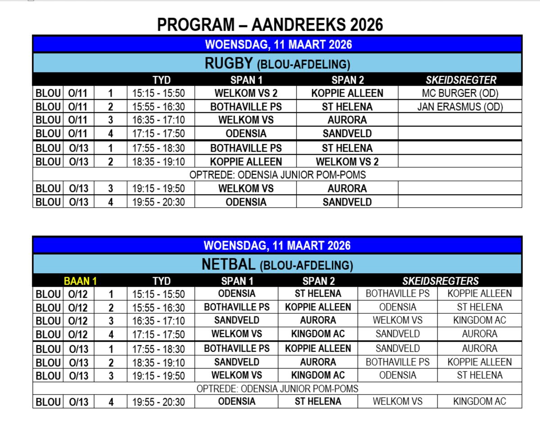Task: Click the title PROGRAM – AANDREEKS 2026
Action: point(270,25)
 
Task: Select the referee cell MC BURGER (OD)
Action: point(459,93)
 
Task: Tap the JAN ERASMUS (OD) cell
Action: point(459,107)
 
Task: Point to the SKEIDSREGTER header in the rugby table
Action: point(461,80)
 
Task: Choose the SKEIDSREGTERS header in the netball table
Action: point(440,281)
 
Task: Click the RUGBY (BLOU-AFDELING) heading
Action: point(277,64)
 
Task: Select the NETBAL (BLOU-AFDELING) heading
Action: point(277,265)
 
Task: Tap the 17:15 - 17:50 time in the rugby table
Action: point(158,134)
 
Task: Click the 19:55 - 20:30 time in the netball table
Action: point(158,402)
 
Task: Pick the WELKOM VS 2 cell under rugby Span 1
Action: point(245,93)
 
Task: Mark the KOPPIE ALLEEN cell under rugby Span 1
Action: point(245,161)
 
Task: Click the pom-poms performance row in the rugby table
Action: point(277,174)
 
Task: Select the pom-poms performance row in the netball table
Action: point(277,388)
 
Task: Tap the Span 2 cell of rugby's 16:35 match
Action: point(347,120)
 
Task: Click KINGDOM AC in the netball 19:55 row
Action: point(480,402)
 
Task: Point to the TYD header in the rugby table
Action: point(161,80)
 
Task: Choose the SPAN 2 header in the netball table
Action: point(318,281)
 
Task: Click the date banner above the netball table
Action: point(277,246)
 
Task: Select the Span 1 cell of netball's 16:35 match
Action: point(237,320)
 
